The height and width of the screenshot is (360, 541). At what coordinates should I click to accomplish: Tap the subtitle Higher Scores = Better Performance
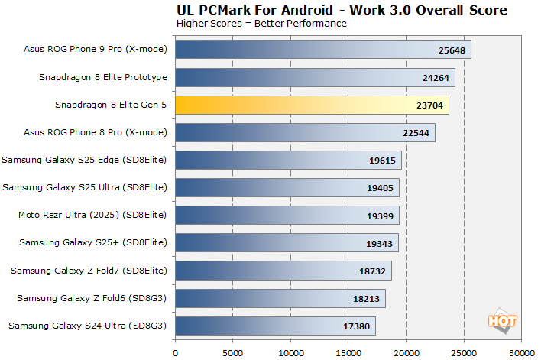coord(261,23)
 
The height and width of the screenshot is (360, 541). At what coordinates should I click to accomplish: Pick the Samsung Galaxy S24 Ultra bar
coord(275,326)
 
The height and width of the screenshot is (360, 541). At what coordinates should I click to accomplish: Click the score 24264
coord(432,78)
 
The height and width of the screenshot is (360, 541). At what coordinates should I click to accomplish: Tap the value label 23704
coord(426,105)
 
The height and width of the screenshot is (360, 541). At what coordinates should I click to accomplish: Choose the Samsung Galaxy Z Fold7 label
coord(87,270)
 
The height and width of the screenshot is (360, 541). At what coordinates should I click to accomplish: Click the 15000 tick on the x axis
coord(348,353)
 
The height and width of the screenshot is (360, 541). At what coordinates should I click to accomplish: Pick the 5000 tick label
coord(233,353)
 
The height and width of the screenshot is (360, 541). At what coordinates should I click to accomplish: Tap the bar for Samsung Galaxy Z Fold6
coord(280,298)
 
